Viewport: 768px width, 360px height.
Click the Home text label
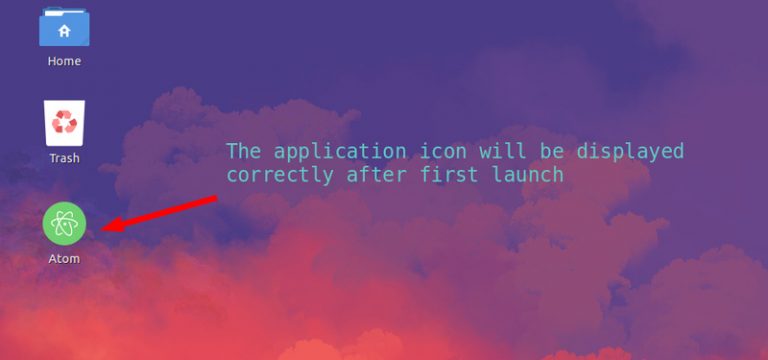(64, 61)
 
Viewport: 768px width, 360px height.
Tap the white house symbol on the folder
(64, 31)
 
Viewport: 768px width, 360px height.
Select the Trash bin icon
(65, 122)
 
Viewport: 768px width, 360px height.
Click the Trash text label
(64, 158)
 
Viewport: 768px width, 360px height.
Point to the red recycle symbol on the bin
(65, 124)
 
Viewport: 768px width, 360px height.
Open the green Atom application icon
(64, 223)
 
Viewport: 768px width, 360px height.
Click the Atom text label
(64, 259)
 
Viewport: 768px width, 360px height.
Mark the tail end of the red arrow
(216, 197)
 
